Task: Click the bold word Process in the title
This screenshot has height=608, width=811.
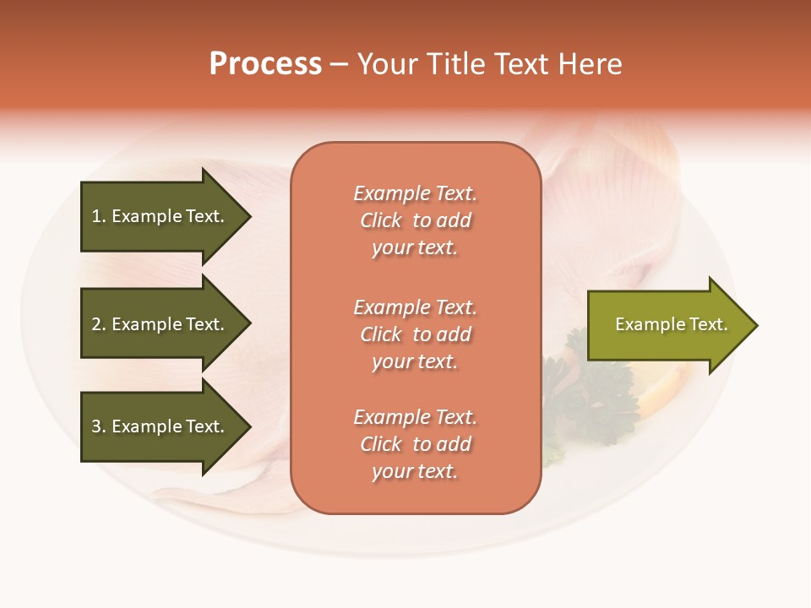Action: (x=265, y=64)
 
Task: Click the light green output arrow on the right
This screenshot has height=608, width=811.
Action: (x=667, y=325)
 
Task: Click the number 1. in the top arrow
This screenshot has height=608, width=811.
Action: (x=99, y=216)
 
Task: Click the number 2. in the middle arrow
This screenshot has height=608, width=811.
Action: (x=99, y=324)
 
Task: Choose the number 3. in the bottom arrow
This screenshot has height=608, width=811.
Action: (x=99, y=426)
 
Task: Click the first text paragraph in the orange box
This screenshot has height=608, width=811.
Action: (x=415, y=220)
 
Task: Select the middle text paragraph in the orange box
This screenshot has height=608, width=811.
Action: (x=415, y=334)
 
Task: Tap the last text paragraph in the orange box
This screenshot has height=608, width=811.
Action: (x=415, y=444)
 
